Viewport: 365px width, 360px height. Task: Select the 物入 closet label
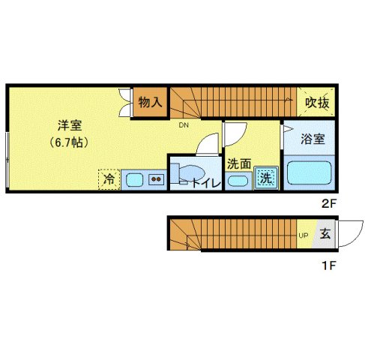tap(151, 102)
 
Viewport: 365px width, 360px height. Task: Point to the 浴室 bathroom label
tap(313, 139)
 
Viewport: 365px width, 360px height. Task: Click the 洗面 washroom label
tap(238, 163)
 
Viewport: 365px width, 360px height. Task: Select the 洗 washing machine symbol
tap(265, 178)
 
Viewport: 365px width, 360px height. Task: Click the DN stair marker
tap(183, 125)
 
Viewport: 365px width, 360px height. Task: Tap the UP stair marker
tap(304, 235)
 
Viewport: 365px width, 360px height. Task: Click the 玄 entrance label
tap(325, 234)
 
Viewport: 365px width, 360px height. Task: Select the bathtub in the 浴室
tap(310, 174)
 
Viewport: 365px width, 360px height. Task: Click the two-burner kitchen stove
tap(157, 179)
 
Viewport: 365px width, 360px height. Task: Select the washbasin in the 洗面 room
tap(238, 180)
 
